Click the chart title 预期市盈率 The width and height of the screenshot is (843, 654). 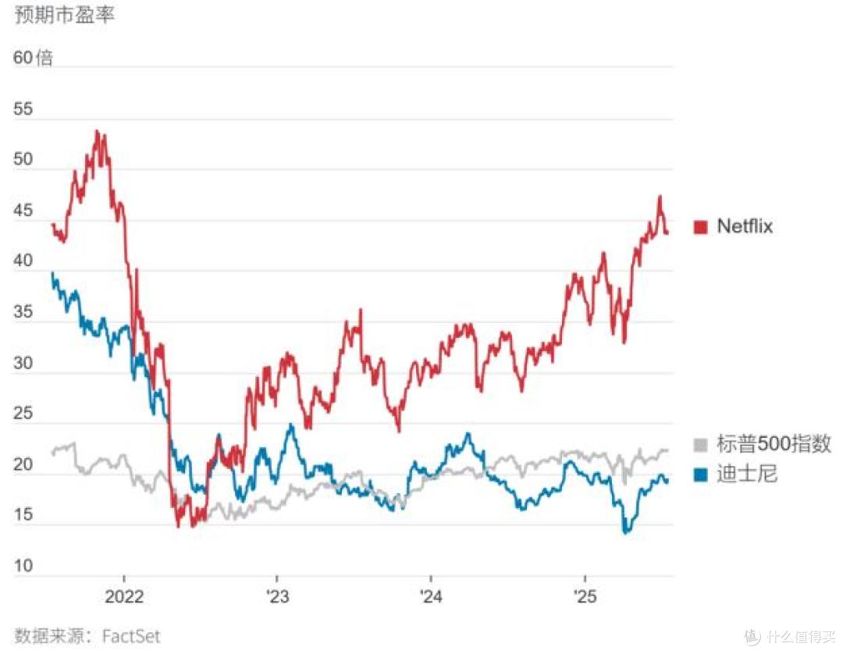(64, 15)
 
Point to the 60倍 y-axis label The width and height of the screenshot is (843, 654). (33, 58)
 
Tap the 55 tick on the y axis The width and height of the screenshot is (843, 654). (23, 108)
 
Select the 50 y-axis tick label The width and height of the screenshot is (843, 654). (23, 159)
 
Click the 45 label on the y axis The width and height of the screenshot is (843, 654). (23, 210)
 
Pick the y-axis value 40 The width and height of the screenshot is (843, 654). (23, 261)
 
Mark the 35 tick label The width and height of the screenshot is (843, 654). (23, 311)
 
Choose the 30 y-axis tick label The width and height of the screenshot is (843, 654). (23, 363)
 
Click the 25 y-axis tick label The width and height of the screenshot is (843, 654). (23, 414)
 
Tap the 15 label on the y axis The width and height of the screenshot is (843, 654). (23, 515)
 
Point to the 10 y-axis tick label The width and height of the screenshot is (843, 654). (23, 565)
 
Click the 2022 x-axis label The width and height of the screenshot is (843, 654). (124, 596)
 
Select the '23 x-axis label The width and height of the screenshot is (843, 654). (277, 596)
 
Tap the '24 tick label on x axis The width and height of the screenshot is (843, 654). (431, 596)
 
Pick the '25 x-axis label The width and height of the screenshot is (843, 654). (585, 596)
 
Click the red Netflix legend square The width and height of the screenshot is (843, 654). (700, 227)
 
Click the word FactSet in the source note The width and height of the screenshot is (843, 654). (131, 636)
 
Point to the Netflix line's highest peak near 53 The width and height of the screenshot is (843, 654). (97, 130)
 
